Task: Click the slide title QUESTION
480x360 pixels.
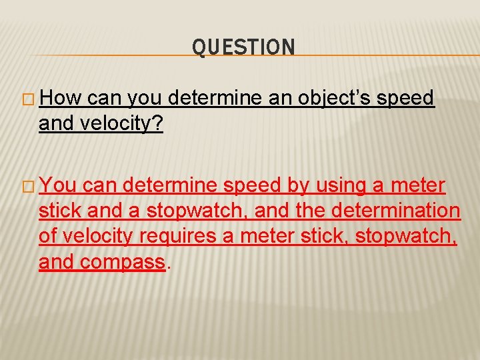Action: (243, 47)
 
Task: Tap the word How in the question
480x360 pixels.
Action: (61, 99)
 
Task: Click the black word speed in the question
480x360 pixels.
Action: (405, 99)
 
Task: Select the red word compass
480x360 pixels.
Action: (122, 262)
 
